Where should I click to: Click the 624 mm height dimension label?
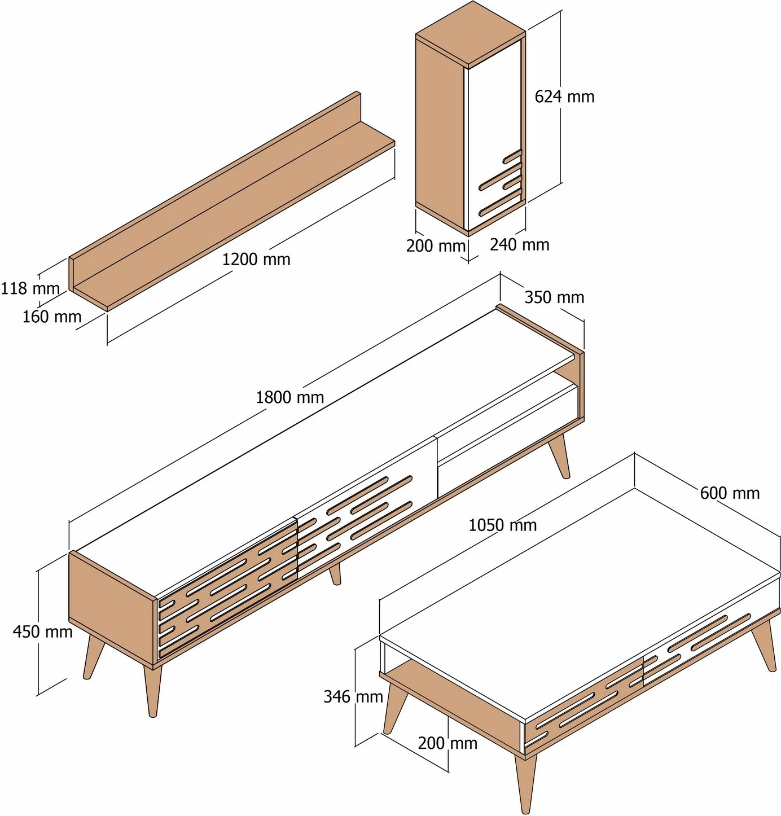pyautogui.click(x=564, y=97)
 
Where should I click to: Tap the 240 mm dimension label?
pyautogui.click(x=519, y=244)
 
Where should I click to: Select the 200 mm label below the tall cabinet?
pyautogui.click(x=436, y=245)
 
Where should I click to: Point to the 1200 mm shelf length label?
pyautogui.click(x=256, y=260)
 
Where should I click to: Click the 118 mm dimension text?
pyautogui.click(x=30, y=288)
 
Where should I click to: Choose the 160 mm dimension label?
pyautogui.click(x=51, y=317)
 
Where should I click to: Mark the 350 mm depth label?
pyautogui.click(x=554, y=297)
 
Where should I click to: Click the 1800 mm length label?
pyautogui.click(x=289, y=397)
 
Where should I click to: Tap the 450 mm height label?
pyautogui.click(x=42, y=631)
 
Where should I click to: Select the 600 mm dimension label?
pyautogui.click(x=730, y=493)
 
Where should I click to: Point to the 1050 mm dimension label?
pyautogui.click(x=502, y=525)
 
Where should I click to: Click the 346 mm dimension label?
pyautogui.click(x=353, y=696)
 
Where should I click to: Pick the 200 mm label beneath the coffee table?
pyautogui.click(x=447, y=743)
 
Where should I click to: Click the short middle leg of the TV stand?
pyautogui.click(x=335, y=574)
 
